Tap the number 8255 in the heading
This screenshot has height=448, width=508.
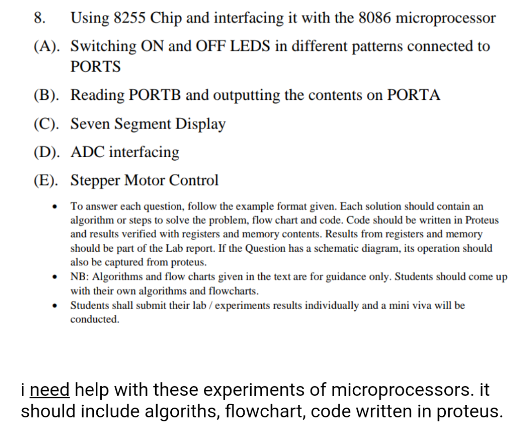(x=132, y=18)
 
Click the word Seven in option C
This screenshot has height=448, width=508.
(x=90, y=124)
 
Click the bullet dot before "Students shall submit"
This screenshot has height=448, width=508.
(x=57, y=306)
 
